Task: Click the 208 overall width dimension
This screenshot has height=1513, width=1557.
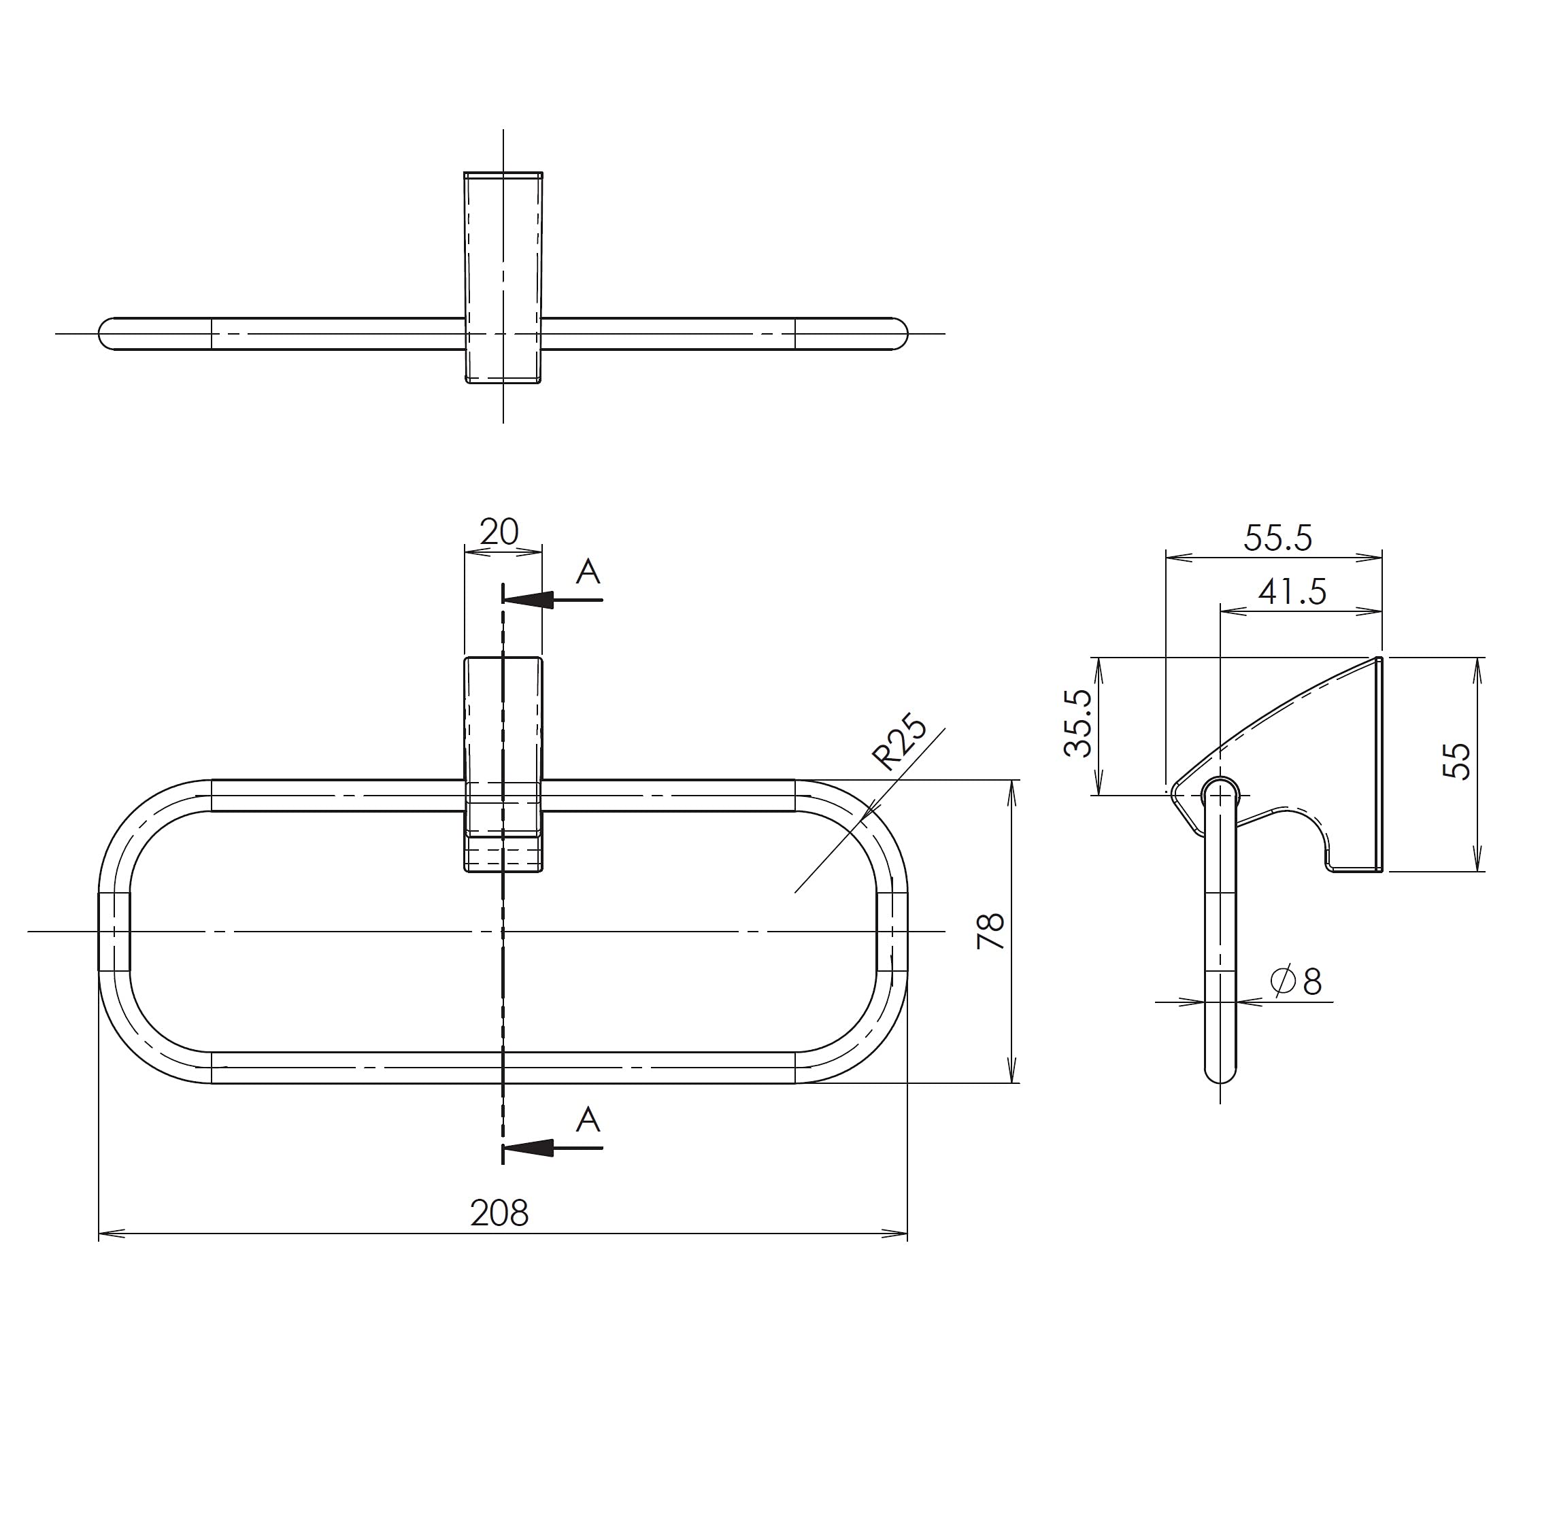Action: pyautogui.click(x=499, y=1213)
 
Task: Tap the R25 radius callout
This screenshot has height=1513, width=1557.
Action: pyautogui.click(x=900, y=745)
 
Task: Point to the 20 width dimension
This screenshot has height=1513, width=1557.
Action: pyautogui.click(x=499, y=532)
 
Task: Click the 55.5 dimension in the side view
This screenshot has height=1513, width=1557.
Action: pyautogui.click(x=1278, y=538)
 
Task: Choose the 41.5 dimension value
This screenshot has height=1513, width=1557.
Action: pyautogui.click(x=1292, y=592)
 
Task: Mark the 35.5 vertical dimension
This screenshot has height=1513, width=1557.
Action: pyautogui.click(x=1077, y=723)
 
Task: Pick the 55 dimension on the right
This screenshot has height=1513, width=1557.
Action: pyautogui.click(x=1458, y=762)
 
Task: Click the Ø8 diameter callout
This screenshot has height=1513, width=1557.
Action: pyautogui.click(x=1296, y=982)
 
